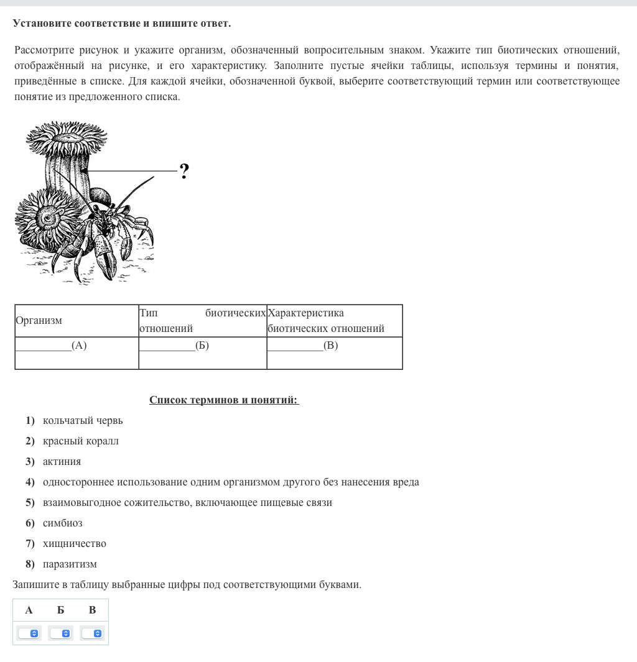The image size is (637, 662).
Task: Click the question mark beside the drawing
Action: pyautogui.click(x=184, y=171)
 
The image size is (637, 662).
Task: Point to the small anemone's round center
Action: pyautogui.click(x=47, y=218)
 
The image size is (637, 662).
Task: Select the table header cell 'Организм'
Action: pyautogui.click(x=39, y=321)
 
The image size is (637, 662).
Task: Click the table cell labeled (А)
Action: pyautogui.click(x=77, y=352)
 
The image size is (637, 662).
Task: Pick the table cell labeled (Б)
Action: pyautogui.click(x=202, y=352)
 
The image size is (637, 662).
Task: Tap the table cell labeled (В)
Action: pyautogui.click(x=334, y=352)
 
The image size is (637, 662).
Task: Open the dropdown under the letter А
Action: pyautogui.click(x=29, y=633)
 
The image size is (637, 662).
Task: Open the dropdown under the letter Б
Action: pyautogui.click(x=60, y=633)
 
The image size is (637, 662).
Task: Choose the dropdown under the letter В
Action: pyautogui.click(x=92, y=633)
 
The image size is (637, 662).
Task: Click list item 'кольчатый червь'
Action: pyautogui.click(x=83, y=421)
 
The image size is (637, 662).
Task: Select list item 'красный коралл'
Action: pyautogui.click(x=80, y=441)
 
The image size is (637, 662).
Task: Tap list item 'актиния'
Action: pyautogui.click(x=62, y=462)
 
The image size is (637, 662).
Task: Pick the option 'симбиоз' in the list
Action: pyautogui.click(x=62, y=523)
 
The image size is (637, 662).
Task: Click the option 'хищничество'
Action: pyautogui.click(x=74, y=544)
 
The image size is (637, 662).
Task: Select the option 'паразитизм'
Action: pyautogui.click(x=70, y=564)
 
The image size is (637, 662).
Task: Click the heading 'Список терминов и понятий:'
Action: pyautogui.click(x=224, y=400)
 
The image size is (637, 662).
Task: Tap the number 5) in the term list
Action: pyautogui.click(x=30, y=503)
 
